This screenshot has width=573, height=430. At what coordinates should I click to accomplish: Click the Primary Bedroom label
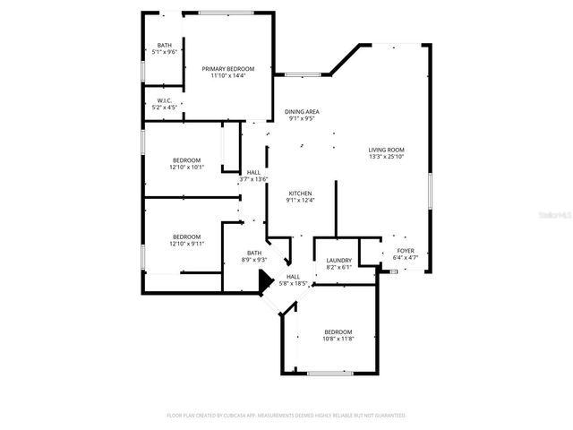pos(227,69)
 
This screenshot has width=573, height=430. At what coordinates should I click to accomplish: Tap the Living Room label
pos(387,150)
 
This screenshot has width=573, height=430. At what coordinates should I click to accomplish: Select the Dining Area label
pos(303,111)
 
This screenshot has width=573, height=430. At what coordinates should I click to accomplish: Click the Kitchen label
pos(300,193)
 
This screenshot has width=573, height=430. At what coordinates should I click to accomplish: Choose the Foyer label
pos(405,251)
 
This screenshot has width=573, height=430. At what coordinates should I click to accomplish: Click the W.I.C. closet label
pos(164,100)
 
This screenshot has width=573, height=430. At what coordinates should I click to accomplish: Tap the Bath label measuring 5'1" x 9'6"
pos(165,45)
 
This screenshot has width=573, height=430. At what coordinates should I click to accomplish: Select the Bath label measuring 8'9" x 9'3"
pos(254,253)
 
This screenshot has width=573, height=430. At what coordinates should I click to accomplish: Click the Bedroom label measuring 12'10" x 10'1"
pos(187,159)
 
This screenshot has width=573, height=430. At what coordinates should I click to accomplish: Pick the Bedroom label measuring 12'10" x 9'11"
pos(187,236)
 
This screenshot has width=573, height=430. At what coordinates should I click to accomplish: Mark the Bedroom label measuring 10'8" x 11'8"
pos(338,331)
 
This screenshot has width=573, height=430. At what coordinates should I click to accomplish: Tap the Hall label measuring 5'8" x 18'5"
pos(293,277)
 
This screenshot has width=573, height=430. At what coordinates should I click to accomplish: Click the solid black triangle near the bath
pos(264,283)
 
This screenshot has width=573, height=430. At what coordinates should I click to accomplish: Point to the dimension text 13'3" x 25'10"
pos(387,157)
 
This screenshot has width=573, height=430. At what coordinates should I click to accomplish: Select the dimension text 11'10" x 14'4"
pos(227,76)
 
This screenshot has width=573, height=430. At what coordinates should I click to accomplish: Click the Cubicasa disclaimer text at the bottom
pos(286,416)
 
